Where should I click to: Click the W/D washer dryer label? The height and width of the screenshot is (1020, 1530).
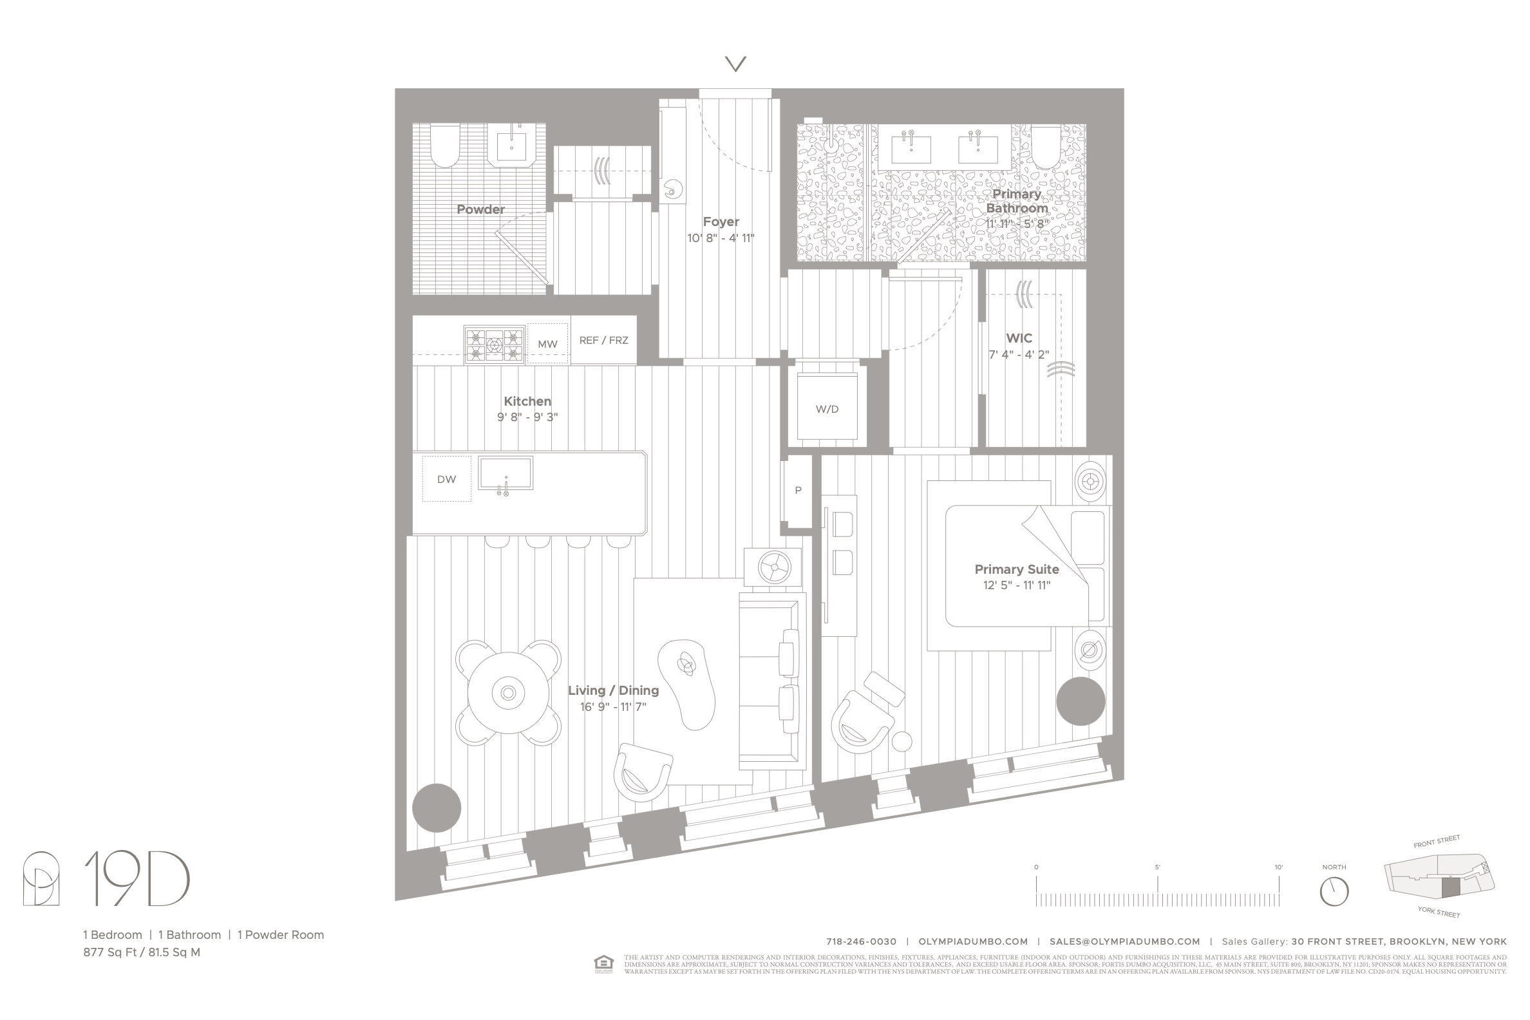tap(827, 409)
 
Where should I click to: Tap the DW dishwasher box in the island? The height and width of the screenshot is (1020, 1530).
tap(446, 480)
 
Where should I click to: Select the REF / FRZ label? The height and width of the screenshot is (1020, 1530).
tap(603, 340)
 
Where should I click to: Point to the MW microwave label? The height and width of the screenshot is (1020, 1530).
tap(547, 344)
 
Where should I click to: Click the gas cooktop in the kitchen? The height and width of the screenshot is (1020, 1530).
tap(495, 345)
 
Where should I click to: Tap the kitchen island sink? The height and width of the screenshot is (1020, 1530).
tap(505, 473)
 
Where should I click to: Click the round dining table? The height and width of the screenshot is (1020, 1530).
tap(508, 693)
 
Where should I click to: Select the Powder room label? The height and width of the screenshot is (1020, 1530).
tap(480, 209)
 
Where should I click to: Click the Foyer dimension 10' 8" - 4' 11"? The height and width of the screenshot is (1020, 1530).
tap(721, 238)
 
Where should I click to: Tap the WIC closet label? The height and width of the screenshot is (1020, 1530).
tap(1019, 338)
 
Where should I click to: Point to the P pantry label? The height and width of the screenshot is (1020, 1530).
tap(798, 491)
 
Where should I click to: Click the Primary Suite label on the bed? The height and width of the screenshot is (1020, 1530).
tap(1016, 569)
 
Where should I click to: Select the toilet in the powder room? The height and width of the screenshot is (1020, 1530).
tap(445, 146)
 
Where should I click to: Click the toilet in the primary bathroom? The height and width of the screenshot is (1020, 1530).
tap(1045, 146)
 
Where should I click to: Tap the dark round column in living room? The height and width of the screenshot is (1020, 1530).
tap(437, 808)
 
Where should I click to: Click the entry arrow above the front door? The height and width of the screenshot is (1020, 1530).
tap(736, 64)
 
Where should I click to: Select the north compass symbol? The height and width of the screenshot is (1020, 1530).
tap(1334, 891)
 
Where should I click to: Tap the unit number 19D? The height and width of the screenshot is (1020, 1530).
tap(137, 880)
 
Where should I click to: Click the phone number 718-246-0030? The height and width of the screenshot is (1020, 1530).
tap(860, 941)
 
